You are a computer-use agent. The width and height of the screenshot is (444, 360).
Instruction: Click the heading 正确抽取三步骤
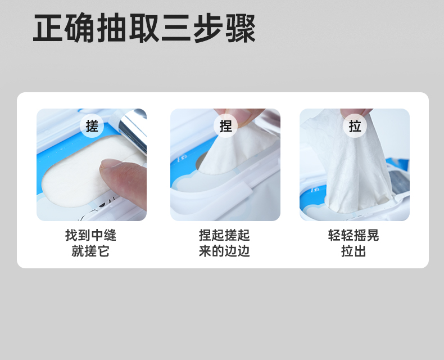144,28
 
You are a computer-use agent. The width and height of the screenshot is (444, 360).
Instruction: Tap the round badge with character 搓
92,126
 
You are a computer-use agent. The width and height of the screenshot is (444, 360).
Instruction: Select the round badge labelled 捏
226,126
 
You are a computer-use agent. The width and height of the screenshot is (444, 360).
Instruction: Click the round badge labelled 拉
355,126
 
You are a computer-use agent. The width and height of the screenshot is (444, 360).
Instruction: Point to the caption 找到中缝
90,235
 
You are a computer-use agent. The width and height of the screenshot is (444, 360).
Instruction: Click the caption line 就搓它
90,251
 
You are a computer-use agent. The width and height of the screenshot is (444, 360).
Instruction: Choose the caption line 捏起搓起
224,235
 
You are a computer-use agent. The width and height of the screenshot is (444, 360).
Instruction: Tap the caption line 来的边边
224,251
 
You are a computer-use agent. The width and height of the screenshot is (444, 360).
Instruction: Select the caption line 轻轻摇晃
354,235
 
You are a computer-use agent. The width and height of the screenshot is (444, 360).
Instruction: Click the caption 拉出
354,251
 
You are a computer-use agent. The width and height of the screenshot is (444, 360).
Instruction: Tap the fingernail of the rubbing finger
112,164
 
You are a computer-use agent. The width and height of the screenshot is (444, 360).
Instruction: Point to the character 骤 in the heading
241,28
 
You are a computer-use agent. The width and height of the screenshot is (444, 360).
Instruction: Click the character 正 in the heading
48,28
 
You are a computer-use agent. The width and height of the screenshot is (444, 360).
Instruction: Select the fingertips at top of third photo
356,113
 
